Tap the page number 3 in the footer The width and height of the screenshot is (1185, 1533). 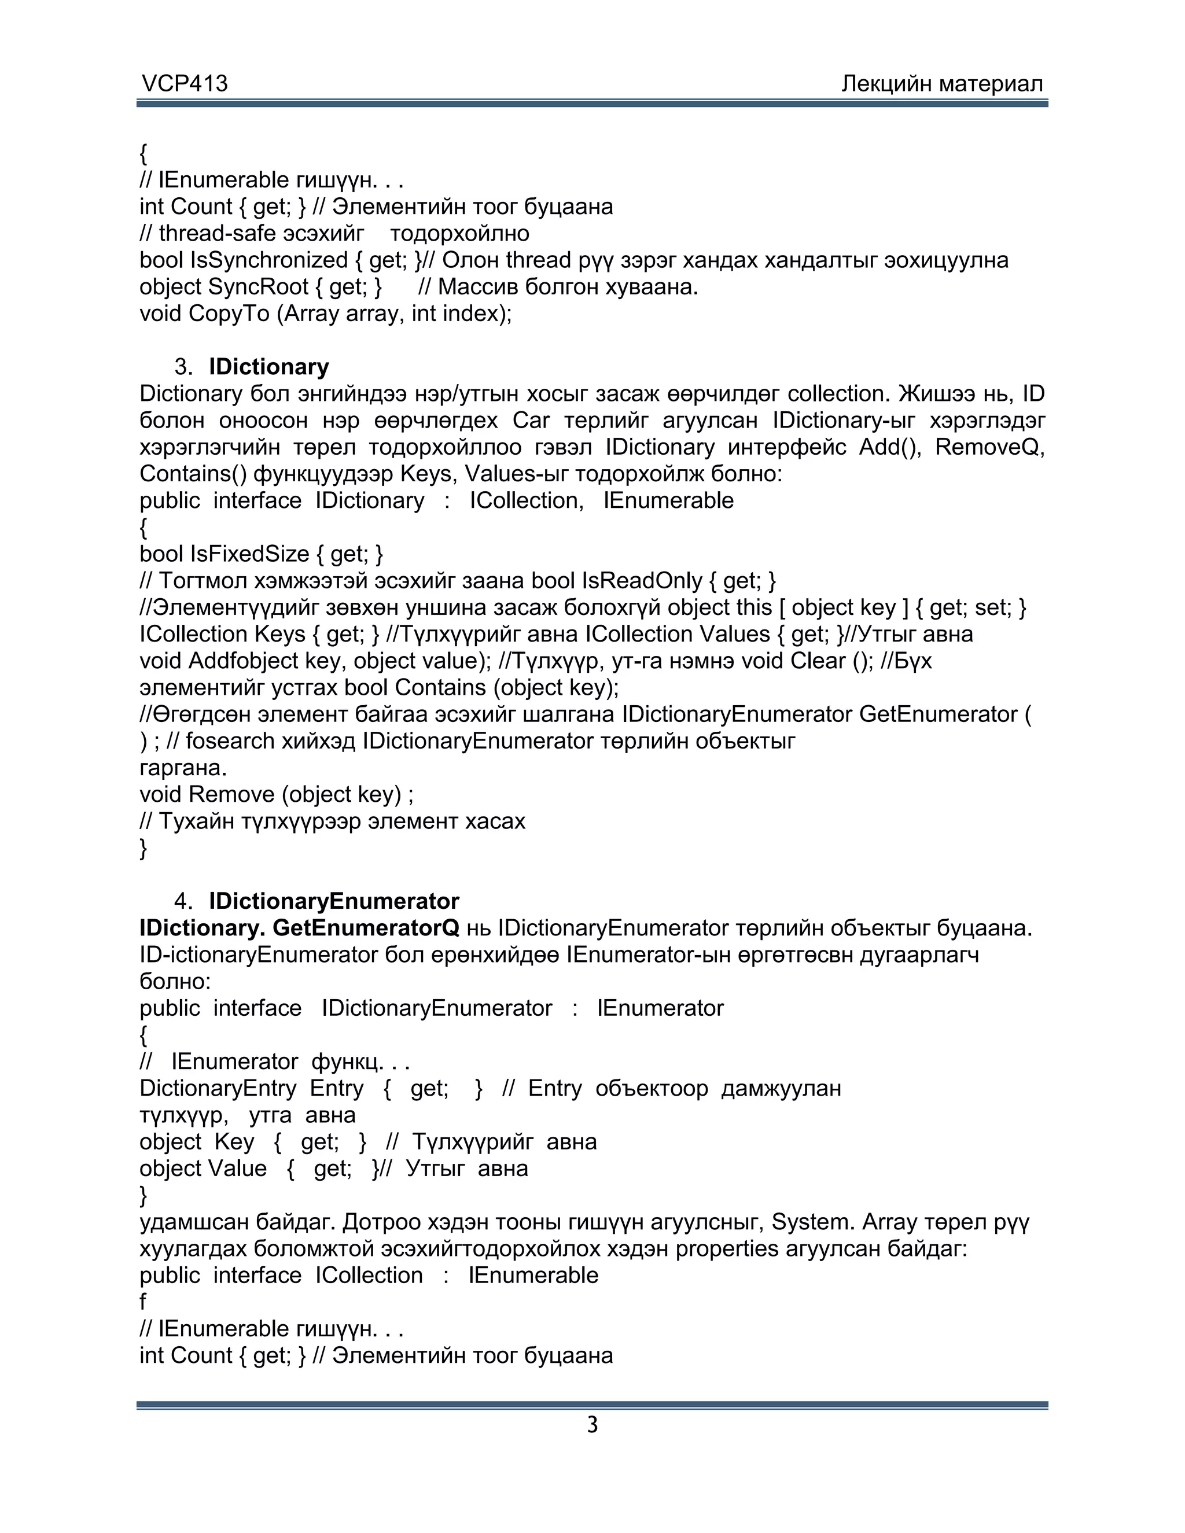click(x=592, y=1425)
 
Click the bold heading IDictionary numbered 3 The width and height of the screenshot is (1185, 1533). click(x=269, y=367)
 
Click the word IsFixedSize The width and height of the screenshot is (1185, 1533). click(x=249, y=555)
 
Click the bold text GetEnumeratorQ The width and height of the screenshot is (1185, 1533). click(x=366, y=928)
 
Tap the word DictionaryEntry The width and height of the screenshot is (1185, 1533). click(x=218, y=1089)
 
